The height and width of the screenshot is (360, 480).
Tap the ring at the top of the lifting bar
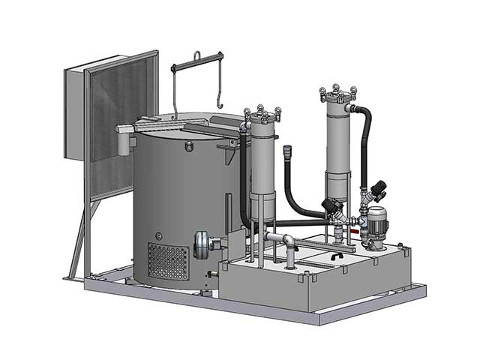pyautogui.click(x=196, y=54)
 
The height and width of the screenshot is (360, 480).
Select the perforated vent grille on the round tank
pyautogui.click(x=168, y=261)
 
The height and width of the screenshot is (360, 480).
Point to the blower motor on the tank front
pyautogui.click(x=204, y=244)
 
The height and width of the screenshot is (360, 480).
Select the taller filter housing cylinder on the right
pyautogui.click(x=337, y=146)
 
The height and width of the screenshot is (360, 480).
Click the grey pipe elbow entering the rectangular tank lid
pyautogui.click(x=289, y=241)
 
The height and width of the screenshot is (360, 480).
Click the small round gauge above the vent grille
pyautogui.click(x=158, y=236)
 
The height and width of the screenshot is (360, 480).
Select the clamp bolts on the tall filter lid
pyautogui.click(x=338, y=93)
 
